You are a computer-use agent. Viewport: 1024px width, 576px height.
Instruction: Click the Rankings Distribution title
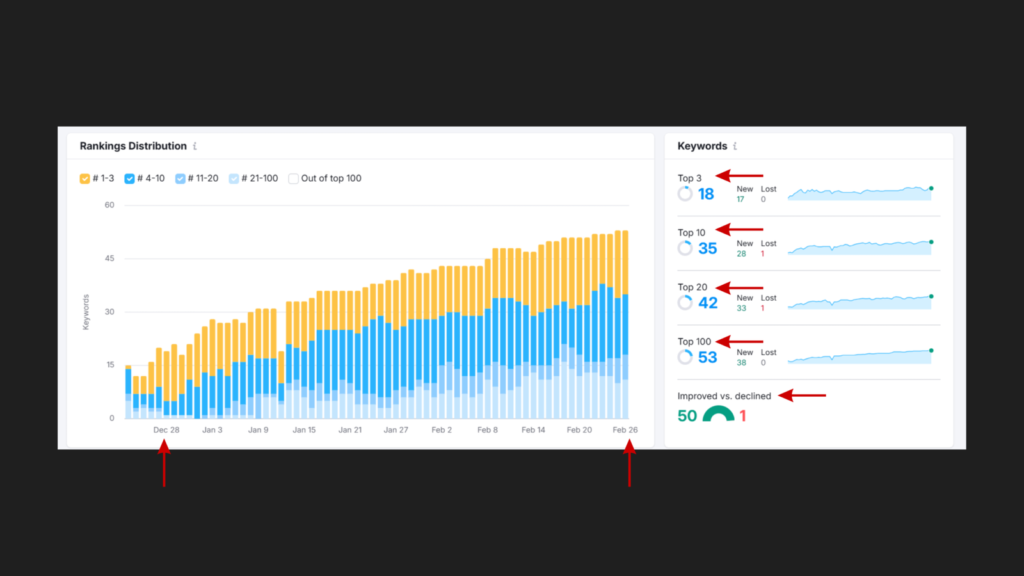[133, 146]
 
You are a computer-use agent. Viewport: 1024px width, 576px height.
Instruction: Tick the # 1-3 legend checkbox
[84, 179]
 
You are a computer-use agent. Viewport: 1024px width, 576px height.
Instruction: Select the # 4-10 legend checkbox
[129, 179]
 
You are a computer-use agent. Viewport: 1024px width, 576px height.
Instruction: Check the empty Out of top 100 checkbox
[293, 179]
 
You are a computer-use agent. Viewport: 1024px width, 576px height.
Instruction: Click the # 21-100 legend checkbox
[234, 179]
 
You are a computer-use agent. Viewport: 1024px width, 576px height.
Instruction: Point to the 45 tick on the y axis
[109, 259]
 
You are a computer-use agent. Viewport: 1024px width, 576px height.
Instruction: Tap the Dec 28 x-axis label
[166, 430]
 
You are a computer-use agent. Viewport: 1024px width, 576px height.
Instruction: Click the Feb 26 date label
[625, 430]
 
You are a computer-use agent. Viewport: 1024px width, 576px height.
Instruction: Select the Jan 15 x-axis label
[304, 430]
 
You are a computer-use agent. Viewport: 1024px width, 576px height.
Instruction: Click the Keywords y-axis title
[86, 312]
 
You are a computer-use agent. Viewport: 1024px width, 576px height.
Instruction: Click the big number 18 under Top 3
[706, 194]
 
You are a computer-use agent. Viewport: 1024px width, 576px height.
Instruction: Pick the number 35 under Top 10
[707, 248]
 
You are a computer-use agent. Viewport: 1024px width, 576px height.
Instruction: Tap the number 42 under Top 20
[707, 303]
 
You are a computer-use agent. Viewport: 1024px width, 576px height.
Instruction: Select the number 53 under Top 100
[707, 357]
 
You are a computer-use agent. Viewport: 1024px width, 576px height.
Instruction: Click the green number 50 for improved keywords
[687, 416]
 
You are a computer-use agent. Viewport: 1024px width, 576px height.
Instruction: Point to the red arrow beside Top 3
[739, 175]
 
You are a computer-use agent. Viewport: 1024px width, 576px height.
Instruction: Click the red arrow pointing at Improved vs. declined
[802, 396]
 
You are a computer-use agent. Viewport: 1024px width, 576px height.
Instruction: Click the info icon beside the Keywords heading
[735, 146]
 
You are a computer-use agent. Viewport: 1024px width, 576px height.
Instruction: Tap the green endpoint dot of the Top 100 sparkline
[931, 351]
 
